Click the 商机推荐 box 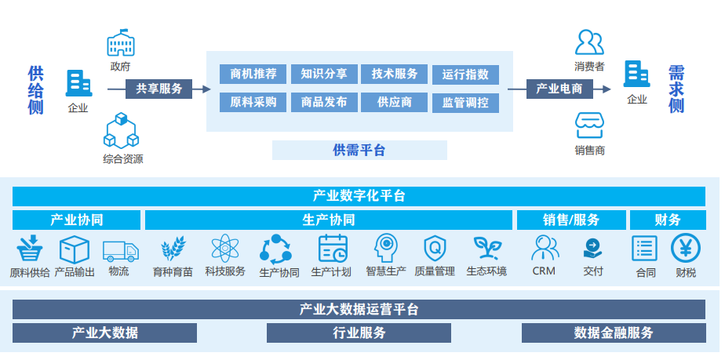(253, 74)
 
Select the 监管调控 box (465, 102)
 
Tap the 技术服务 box (395, 74)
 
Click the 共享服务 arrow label (159, 89)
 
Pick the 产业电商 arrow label (559, 89)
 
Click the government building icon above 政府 (121, 43)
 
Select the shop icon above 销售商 (589, 125)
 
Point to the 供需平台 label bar (359, 150)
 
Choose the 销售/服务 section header (570, 220)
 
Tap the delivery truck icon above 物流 (120, 250)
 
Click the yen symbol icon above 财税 (685, 249)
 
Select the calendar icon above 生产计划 (333, 249)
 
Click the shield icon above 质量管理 (434, 249)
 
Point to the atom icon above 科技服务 (225, 249)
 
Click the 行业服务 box (359, 333)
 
